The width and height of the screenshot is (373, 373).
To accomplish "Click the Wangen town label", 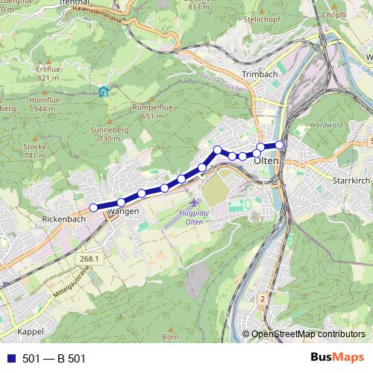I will (x=123, y=213).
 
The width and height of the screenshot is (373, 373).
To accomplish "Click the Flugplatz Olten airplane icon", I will (x=195, y=203).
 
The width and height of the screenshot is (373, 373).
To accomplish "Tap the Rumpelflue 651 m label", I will (x=147, y=111).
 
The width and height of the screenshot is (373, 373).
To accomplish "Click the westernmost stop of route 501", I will (x=94, y=207).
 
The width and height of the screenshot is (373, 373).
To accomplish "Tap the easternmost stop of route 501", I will (x=280, y=145).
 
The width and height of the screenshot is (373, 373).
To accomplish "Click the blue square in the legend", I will (x=11, y=359).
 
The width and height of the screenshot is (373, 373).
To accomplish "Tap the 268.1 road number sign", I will (x=87, y=258).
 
